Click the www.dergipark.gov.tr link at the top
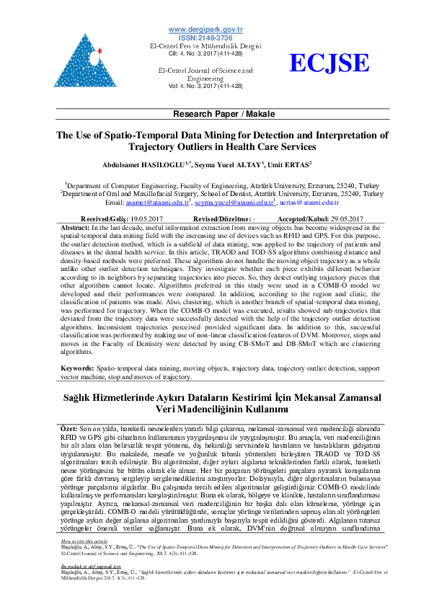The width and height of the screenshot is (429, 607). pos(205,29)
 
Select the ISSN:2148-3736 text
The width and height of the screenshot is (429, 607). pos(205,37)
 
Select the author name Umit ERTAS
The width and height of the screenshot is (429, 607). pos(288,163)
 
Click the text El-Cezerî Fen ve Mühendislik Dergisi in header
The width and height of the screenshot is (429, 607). pos(205,45)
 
